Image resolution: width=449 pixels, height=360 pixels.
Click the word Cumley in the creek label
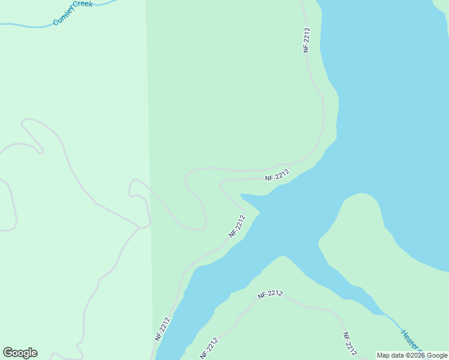(62, 18)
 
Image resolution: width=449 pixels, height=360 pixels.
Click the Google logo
(20, 353)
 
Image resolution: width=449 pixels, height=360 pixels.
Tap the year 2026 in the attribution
(417, 355)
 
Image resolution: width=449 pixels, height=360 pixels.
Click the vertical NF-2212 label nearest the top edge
(306, 40)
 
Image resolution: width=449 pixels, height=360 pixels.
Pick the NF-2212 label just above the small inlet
(277, 175)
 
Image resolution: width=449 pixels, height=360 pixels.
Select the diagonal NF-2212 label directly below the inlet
(237, 226)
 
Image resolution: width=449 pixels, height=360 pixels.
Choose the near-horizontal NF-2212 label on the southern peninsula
(270, 294)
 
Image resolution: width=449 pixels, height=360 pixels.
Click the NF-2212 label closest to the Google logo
(162, 329)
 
